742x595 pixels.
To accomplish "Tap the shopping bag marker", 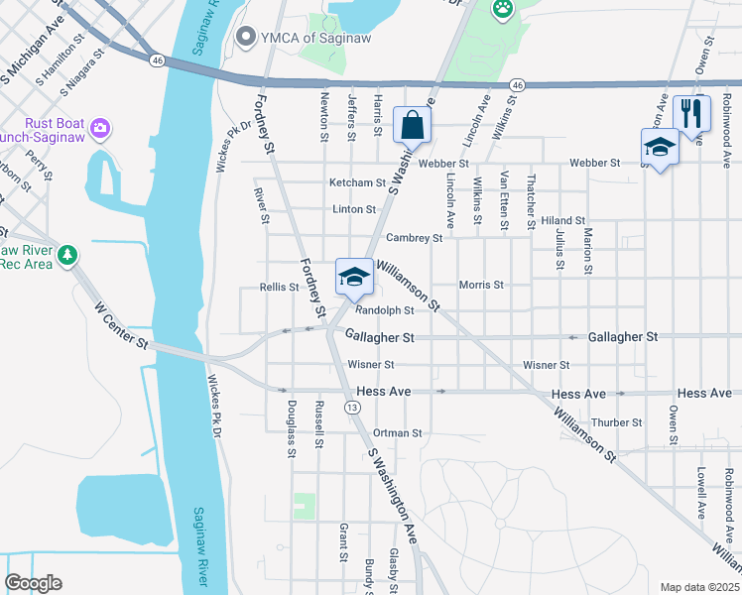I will click(412, 126).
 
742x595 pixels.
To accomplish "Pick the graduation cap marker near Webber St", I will click(660, 148).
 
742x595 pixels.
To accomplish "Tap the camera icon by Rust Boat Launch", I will click(99, 128).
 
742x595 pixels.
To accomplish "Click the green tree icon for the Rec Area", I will click(67, 255).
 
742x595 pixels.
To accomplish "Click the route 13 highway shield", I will click(351, 408).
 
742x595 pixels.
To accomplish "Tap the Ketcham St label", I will click(357, 182).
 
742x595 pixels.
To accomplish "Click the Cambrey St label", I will click(414, 238).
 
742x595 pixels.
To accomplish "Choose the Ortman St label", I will click(398, 433).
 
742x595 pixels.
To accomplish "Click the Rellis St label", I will click(279, 287).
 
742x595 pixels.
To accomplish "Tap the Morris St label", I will click(481, 285).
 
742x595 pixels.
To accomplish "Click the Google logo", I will click(33, 583).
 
